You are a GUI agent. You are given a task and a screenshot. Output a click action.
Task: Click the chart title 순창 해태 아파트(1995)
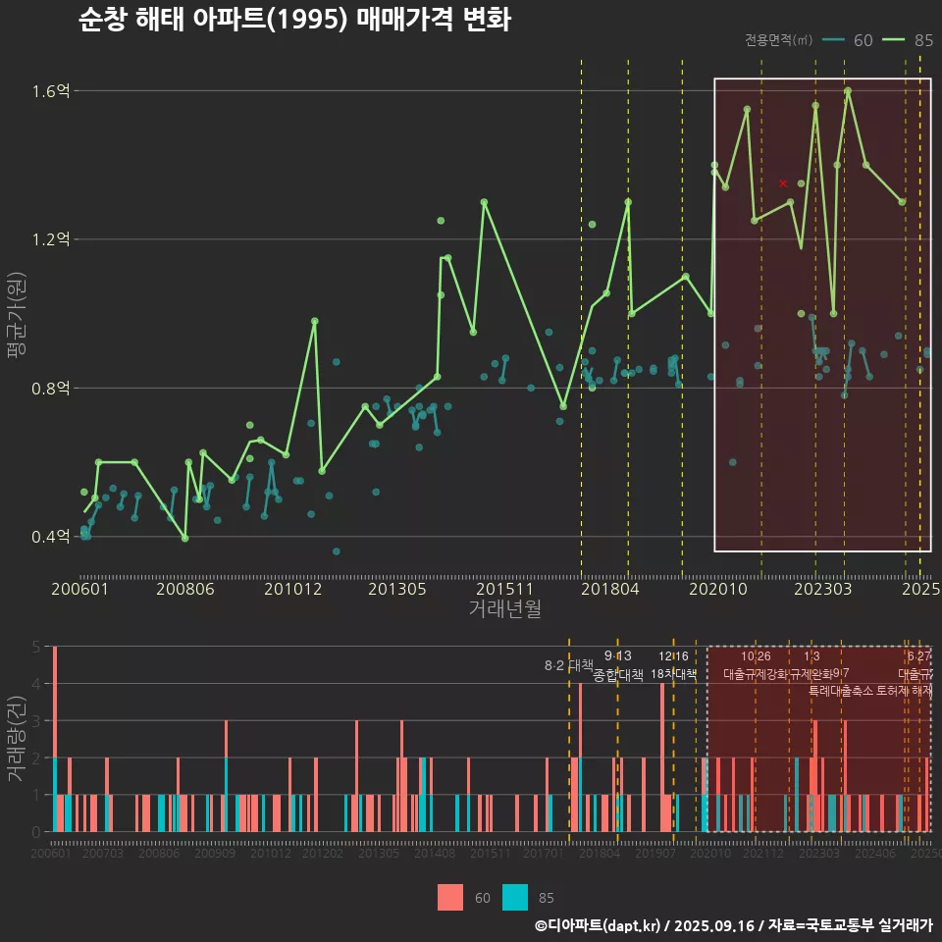(294, 20)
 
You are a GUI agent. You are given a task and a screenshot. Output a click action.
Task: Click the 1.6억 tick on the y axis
(51, 91)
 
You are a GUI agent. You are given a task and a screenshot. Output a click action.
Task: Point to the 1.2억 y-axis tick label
(51, 239)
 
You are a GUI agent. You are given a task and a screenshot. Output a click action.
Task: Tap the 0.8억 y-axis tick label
(51, 388)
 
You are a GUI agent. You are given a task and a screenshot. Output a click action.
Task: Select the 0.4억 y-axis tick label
(51, 537)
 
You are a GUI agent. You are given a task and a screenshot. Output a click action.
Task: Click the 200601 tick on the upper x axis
(79, 589)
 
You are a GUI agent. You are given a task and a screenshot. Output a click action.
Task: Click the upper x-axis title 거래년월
(504, 609)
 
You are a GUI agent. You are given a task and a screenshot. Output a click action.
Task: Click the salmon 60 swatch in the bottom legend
(450, 897)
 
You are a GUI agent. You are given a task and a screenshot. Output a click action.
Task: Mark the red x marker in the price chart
(783, 183)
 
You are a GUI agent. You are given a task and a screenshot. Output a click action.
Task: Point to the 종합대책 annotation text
(618, 675)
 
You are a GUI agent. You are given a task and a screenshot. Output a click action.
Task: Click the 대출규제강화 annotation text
(755, 675)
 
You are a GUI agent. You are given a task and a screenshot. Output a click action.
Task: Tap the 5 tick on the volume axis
(37, 647)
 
